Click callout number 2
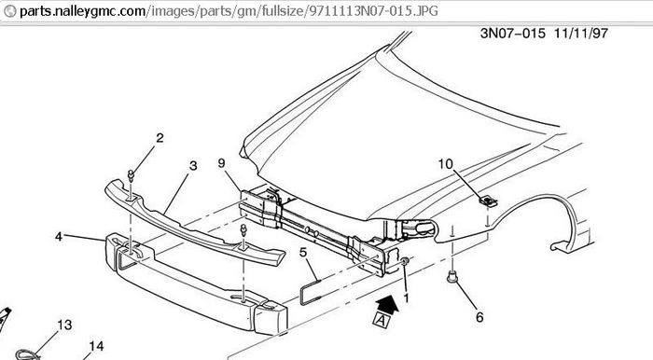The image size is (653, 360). (160, 138)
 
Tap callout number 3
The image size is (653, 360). (193, 166)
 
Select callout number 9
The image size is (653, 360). (222, 163)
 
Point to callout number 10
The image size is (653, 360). (445, 164)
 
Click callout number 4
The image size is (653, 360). (59, 236)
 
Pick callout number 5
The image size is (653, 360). (303, 252)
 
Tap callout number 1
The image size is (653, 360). (406, 298)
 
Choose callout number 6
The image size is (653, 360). (479, 317)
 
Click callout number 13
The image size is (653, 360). (64, 325)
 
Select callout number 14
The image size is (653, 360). (96, 346)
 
